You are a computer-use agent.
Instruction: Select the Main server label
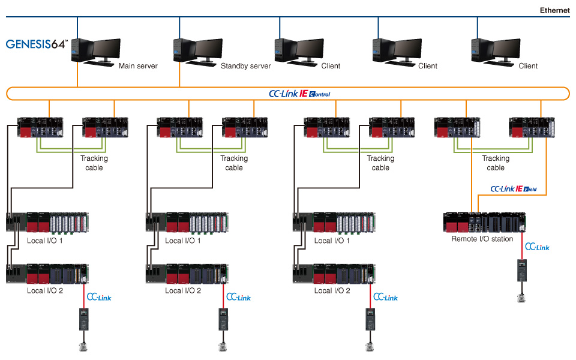tap(138, 66)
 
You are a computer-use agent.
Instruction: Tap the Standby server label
tap(246, 66)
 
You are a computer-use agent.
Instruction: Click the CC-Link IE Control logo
tap(299, 94)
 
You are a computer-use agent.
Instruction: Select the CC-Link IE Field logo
tap(514, 189)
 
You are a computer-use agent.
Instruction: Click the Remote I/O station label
tap(482, 239)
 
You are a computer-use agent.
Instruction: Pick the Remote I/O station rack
tap(484, 222)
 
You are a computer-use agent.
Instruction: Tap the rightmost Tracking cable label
tap(496, 163)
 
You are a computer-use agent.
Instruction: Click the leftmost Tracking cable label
tap(94, 163)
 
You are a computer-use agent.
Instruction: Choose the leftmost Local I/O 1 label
tap(45, 241)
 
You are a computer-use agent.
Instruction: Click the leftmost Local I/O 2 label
tap(45, 290)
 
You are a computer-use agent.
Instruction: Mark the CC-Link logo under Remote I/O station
tap(537, 247)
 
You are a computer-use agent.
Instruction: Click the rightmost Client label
tap(528, 66)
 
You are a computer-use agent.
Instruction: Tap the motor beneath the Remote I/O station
tap(521, 296)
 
